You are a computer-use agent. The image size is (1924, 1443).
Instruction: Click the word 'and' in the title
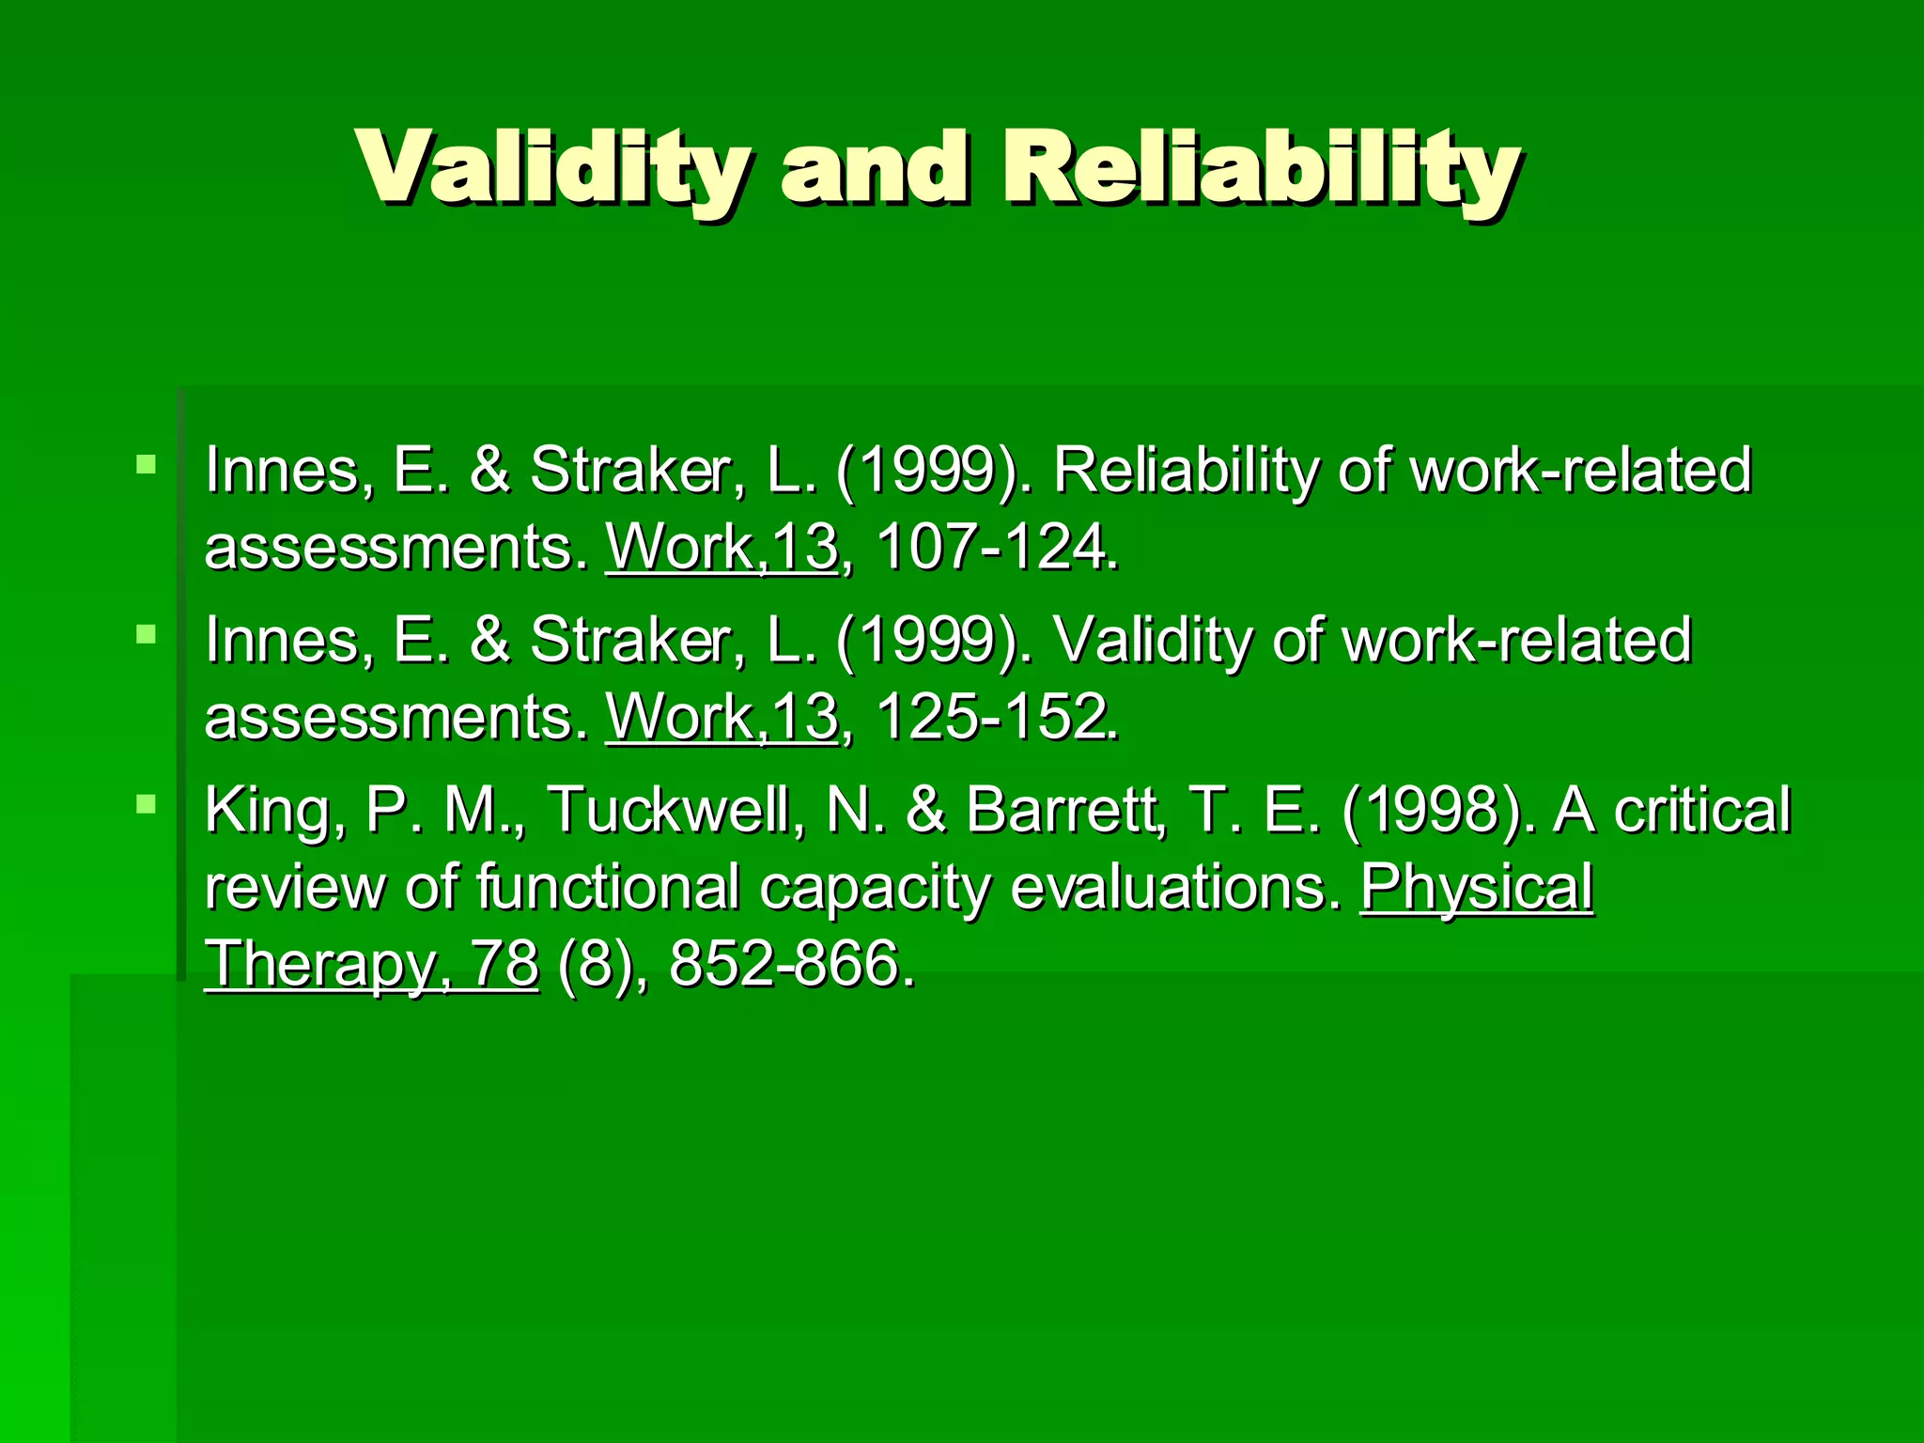tap(874, 169)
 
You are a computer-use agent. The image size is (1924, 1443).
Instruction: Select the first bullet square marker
tap(146, 464)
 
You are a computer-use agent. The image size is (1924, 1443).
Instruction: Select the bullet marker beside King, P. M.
tap(146, 804)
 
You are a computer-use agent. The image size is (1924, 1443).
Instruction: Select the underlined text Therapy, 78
tap(372, 964)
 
